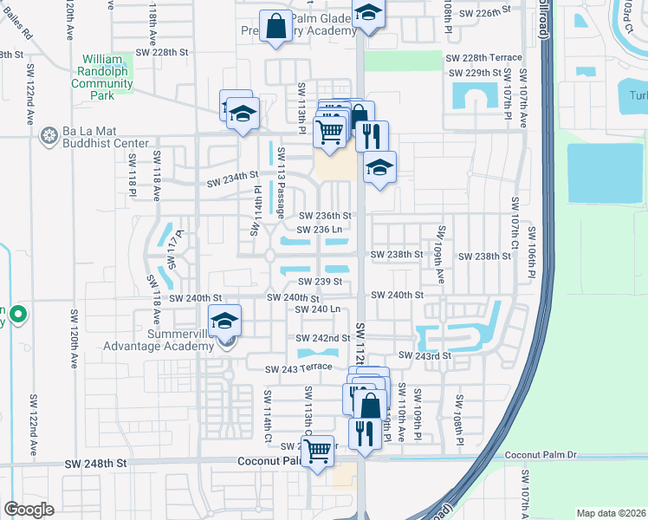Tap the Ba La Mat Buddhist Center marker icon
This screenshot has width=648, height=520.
coord(49,134)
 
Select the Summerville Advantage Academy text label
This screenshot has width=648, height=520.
coord(158,340)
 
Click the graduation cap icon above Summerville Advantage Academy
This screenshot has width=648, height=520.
coord(225,322)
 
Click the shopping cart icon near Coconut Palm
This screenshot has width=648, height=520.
coord(318,450)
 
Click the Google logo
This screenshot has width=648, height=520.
coord(29,510)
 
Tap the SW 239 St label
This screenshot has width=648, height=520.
coord(321,282)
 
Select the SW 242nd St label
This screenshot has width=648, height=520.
coord(322,338)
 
